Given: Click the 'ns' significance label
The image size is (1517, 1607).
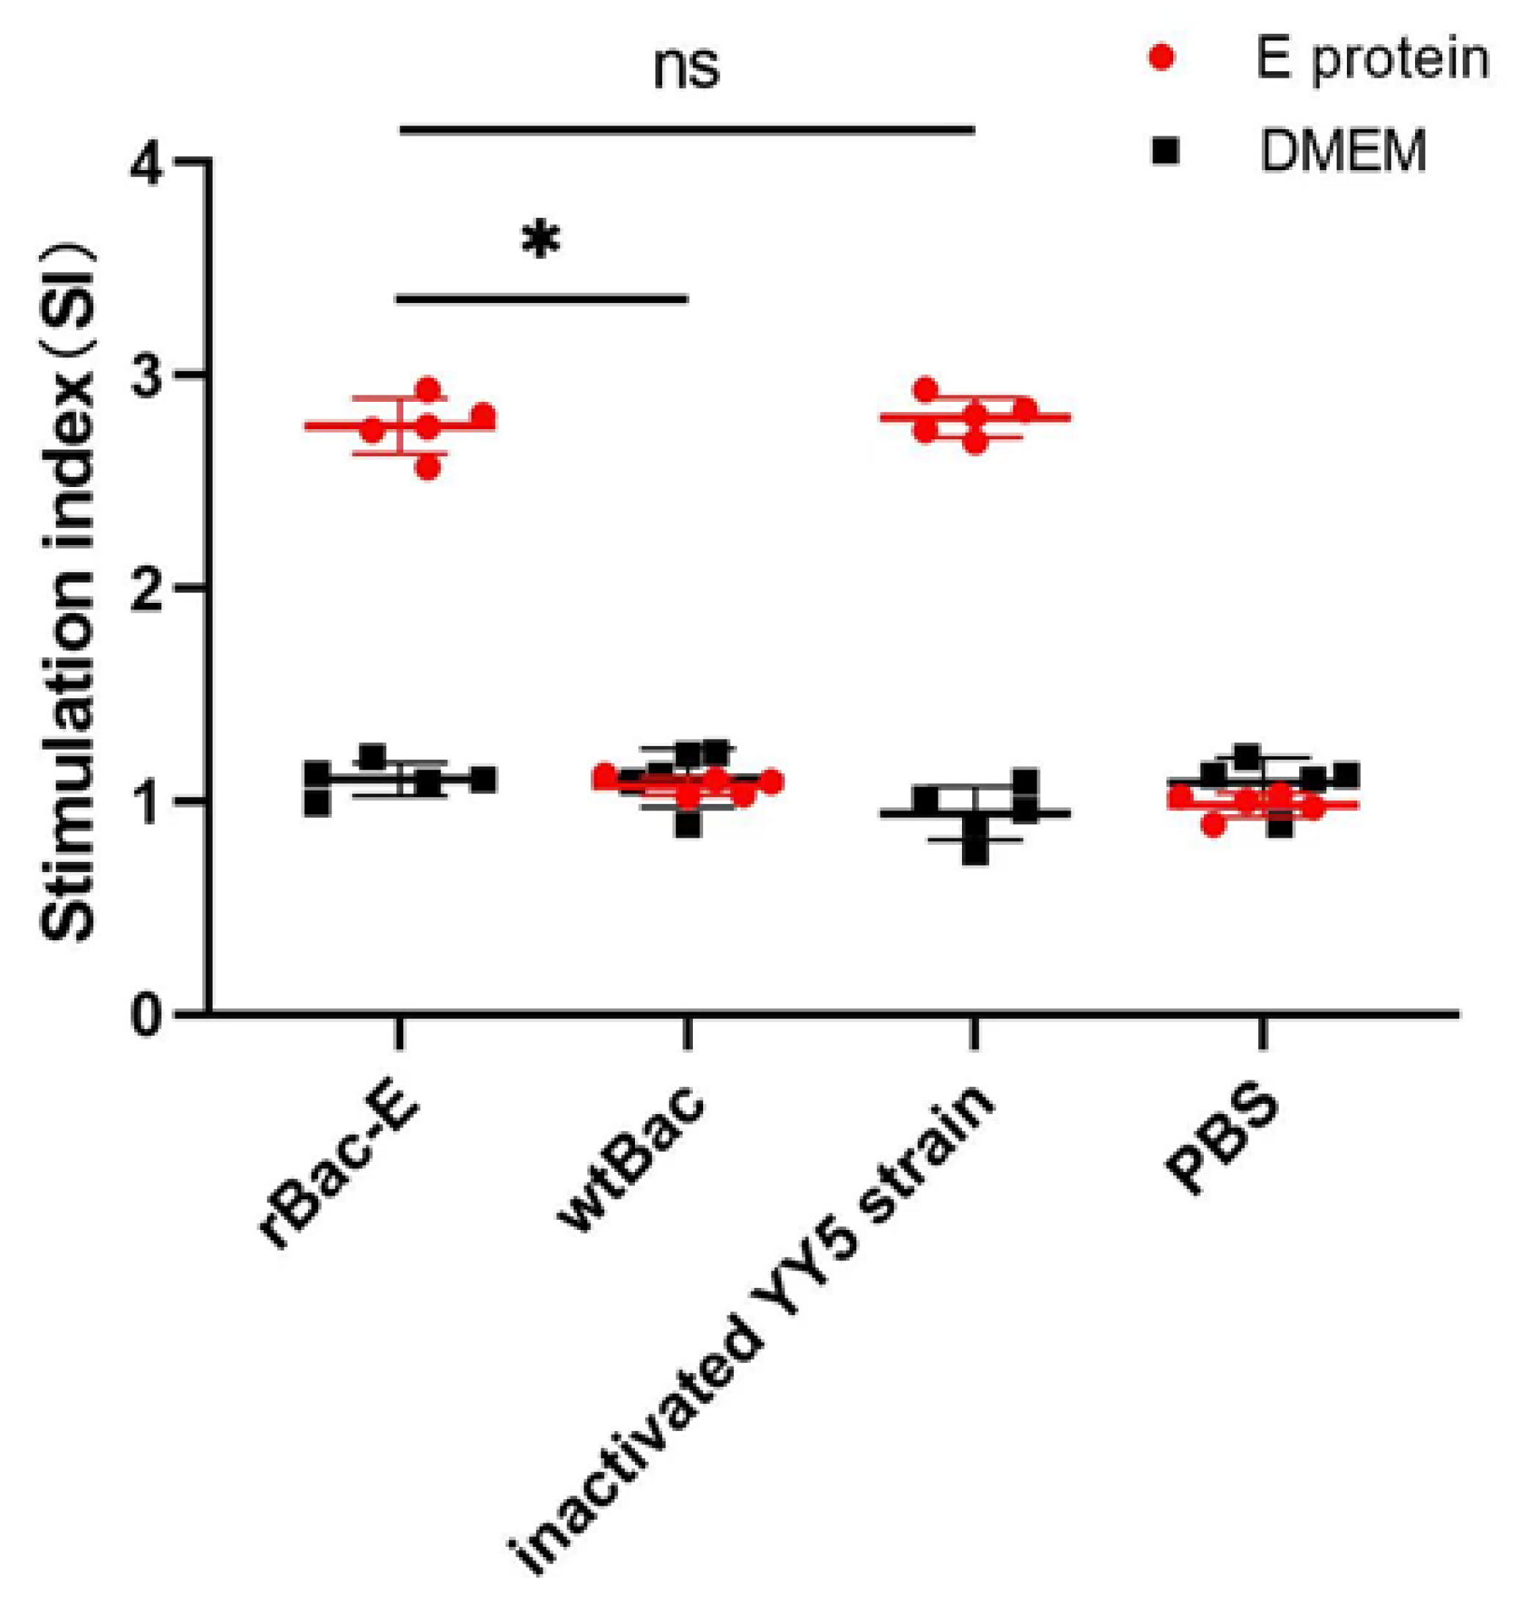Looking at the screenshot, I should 686,68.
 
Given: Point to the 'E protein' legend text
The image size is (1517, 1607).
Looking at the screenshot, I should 1371,59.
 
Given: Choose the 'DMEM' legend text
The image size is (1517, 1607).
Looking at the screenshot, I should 1343,151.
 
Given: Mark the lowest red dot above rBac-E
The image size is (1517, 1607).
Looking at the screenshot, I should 427,468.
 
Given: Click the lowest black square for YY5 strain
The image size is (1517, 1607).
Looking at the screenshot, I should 975,853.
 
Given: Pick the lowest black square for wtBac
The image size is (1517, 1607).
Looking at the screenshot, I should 688,826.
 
